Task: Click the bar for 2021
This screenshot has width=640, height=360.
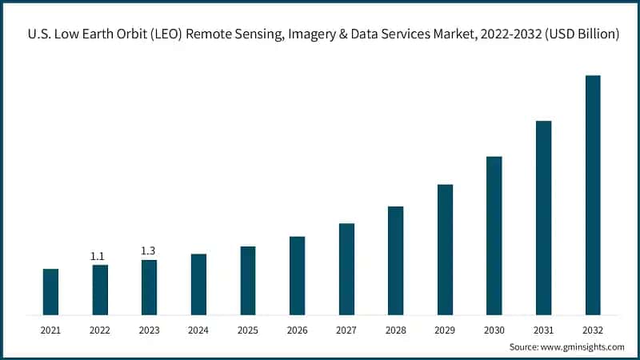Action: [50, 291]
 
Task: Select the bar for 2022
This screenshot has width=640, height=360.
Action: [100, 289]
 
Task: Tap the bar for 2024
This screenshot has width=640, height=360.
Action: [198, 284]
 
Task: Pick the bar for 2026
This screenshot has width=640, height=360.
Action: [297, 275]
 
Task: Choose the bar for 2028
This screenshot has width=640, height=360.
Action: [395, 260]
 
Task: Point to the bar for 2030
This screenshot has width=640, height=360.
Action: [494, 235]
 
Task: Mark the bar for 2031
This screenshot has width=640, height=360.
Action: [543, 218]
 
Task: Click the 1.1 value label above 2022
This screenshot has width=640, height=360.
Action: [98, 256]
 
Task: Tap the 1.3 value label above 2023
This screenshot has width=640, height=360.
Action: [148, 251]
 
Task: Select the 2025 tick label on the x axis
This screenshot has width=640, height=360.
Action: [248, 330]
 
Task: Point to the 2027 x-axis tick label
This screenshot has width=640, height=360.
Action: [346, 330]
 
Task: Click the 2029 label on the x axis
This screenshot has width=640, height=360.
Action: [445, 330]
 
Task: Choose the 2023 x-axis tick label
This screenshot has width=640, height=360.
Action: [149, 330]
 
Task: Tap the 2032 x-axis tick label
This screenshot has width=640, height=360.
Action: [593, 330]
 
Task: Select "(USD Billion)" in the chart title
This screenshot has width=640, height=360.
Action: [575, 35]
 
